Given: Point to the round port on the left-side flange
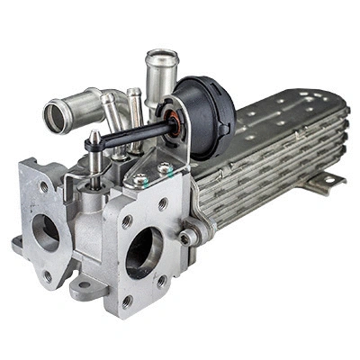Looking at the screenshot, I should click(45, 233).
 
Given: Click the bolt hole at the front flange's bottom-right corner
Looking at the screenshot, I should click(163, 281).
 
